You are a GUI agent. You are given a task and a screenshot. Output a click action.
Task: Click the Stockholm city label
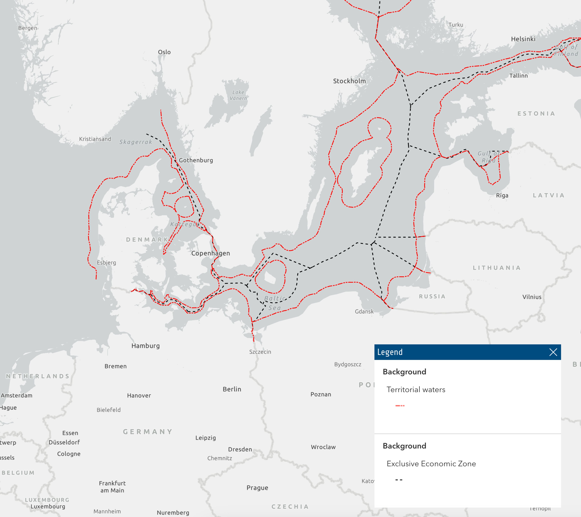(349, 81)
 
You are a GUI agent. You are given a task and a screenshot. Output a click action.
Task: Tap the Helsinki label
(523, 39)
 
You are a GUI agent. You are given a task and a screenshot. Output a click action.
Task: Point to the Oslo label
(164, 52)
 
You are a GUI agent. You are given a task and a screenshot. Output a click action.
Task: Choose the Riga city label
(502, 196)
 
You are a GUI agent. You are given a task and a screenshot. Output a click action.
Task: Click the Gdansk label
(364, 312)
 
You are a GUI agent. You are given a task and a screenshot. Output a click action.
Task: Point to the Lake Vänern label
(238, 95)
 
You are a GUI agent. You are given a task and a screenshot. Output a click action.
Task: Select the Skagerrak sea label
(136, 142)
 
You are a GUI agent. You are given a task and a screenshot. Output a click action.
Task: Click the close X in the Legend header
(553, 352)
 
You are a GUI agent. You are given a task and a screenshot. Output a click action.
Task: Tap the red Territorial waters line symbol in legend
(400, 406)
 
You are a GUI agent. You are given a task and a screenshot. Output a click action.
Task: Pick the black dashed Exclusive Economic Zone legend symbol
(399, 480)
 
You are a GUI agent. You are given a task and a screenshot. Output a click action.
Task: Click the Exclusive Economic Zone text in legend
(431, 464)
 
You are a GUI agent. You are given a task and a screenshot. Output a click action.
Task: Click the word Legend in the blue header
(390, 352)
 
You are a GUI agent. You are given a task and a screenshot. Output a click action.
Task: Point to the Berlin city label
(232, 389)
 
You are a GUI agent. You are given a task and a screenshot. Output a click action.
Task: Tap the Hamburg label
(146, 346)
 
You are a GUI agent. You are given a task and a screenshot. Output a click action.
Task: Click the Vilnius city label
(532, 297)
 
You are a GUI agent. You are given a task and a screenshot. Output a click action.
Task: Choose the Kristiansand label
(95, 139)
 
